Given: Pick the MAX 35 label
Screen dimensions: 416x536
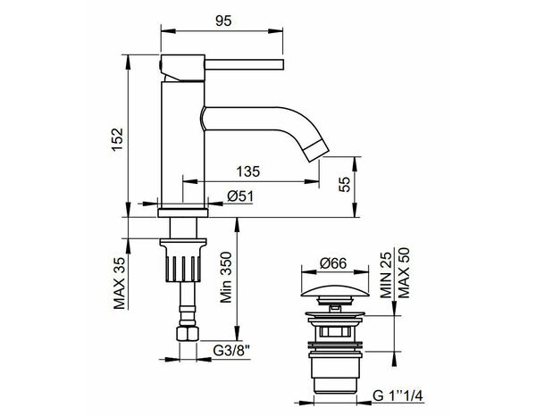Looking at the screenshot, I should [118, 281].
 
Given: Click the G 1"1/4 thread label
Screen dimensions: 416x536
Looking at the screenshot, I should [397, 395].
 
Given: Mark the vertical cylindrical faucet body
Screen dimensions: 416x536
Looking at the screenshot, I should [182, 143].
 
